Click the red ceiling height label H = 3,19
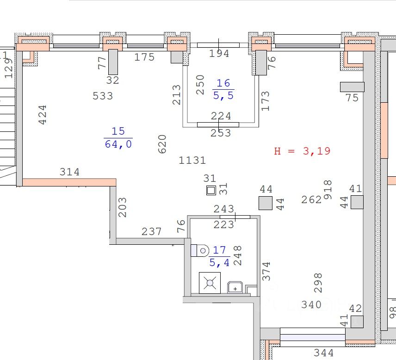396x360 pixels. pyautogui.click(x=302, y=151)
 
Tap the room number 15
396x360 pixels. pyautogui.click(x=118, y=131)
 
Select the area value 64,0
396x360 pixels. pyautogui.click(x=118, y=144)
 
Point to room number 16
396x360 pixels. pyautogui.click(x=223, y=83)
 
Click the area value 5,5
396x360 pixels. pyautogui.click(x=223, y=95)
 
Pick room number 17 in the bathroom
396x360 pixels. pyautogui.click(x=219, y=250)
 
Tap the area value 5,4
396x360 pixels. pyautogui.click(x=219, y=263)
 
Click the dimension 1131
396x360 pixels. pyautogui.click(x=192, y=161)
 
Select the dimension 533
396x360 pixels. pyautogui.click(x=103, y=96)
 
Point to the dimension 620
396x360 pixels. pyautogui.click(x=162, y=144)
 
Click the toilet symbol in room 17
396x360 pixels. pyautogui.click(x=201, y=250)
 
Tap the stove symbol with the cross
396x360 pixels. pyautogui.click(x=210, y=283)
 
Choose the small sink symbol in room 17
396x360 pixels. pyautogui.click(x=235, y=287)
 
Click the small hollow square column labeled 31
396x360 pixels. pyautogui.click(x=211, y=190)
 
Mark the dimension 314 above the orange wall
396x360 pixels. pyautogui.click(x=70, y=172)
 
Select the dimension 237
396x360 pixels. pyautogui.click(x=151, y=231)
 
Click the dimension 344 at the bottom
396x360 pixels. pyautogui.click(x=323, y=354)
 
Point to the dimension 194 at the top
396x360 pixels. pyautogui.click(x=219, y=54)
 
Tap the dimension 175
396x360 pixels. pyautogui.click(x=144, y=57)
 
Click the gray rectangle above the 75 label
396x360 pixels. pyautogui.click(x=352, y=87)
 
